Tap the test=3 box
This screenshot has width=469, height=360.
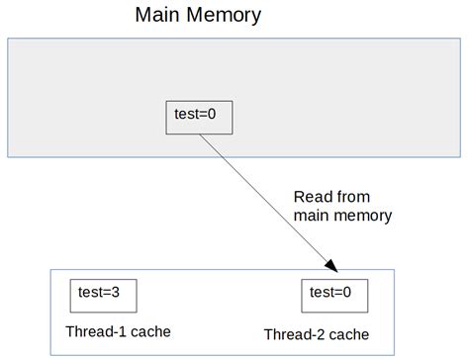pyautogui.click(x=102, y=295)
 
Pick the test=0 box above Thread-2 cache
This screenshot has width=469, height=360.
pyautogui.click(x=333, y=295)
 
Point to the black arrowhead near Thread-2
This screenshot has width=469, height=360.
pyautogui.click(x=331, y=265)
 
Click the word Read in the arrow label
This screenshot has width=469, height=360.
pyautogui.click(x=313, y=196)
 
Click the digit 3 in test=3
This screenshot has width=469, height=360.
pyautogui.click(x=121, y=292)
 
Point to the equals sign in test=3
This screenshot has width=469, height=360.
pyautogui.click(x=110, y=293)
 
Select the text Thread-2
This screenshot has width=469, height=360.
pyautogui.click(x=291, y=334)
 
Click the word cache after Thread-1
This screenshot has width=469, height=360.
pyautogui.click(x=145, y=331)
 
